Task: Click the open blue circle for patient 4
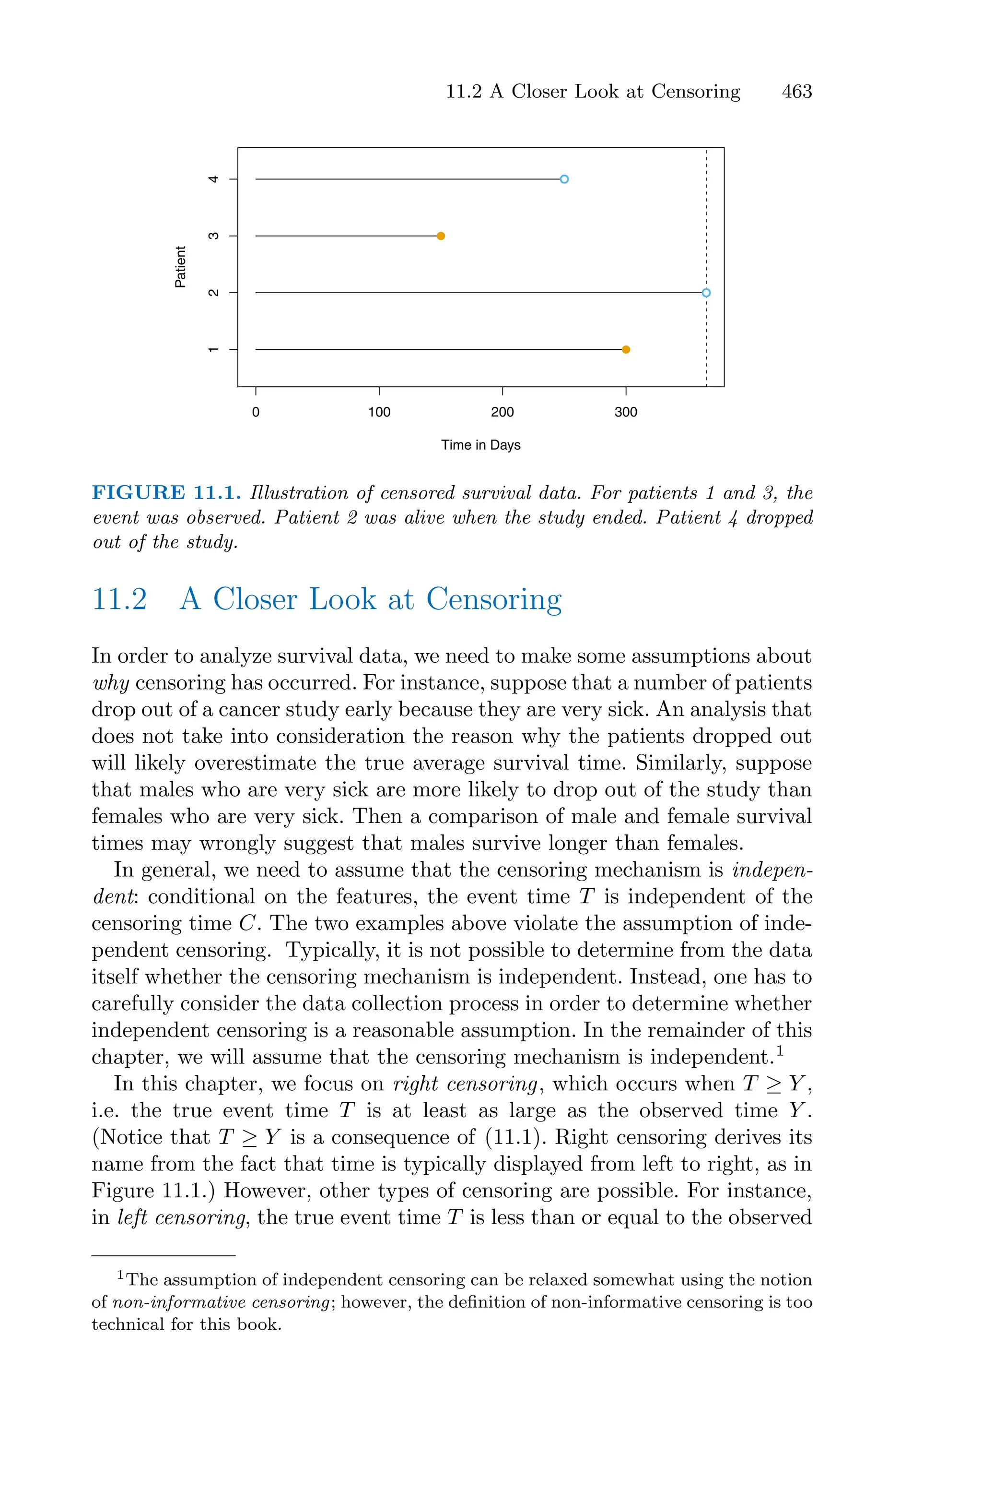pos(564,179)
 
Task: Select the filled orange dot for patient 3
pos(441,236)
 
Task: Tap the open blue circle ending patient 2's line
pos(706,293)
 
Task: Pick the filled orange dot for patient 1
pos(626,350)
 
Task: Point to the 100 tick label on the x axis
pos(379,412)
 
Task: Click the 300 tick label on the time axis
pos(626,412)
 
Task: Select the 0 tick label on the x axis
pos(256,412)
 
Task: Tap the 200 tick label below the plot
pos(503,412)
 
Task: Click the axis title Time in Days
pos(480,445)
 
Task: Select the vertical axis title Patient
pos(180,267)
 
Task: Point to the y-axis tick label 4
pos(213,179)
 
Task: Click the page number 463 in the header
pos(796,92)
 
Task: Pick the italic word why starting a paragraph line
pos(111,683)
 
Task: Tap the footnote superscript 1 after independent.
pos(780,1051)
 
